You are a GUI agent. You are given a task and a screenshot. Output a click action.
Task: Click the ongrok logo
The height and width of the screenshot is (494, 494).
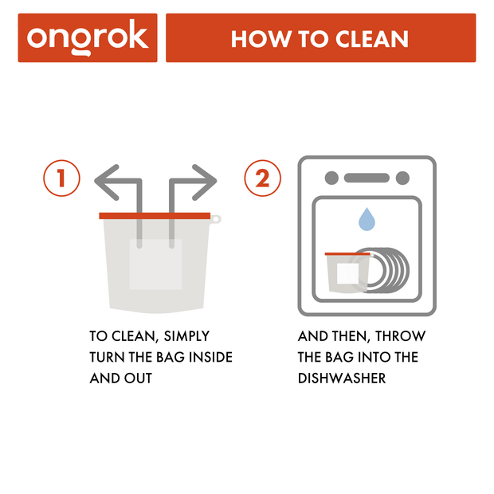pyautogui.click(x=88, y=37)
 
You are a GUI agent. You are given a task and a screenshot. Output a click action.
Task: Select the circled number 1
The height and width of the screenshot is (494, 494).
pyautogui.click(x=61, y=178)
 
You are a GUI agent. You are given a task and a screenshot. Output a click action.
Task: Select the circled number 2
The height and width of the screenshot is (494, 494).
pyautogui.click(x=263, y=178)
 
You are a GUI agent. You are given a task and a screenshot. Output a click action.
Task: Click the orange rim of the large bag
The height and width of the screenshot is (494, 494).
pyautogui.click(x=155, y=215)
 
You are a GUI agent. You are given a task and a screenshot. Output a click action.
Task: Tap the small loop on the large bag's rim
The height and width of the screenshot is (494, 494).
pyautogui.click(x=216, y=218)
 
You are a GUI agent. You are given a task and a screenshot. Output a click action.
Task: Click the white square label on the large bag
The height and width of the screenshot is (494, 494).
pyautogui.click(x=156, y=264)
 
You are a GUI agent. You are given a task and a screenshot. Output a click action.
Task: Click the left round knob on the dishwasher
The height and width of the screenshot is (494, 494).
pyautogui.click(x=331, y=178)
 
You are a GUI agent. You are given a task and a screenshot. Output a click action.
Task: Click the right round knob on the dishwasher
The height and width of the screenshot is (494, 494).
pyautogui.click(x=403, y=178)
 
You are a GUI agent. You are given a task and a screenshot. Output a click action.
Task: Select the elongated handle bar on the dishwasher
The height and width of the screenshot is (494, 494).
pyautogui.click(x=367, y=178)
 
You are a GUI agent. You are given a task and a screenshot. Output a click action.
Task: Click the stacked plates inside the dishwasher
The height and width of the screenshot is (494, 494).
pyautogui.click(x=390, y=271)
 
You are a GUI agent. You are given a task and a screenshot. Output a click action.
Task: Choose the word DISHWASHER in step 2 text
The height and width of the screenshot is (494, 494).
pyautogui.click(x=342, y=378)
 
